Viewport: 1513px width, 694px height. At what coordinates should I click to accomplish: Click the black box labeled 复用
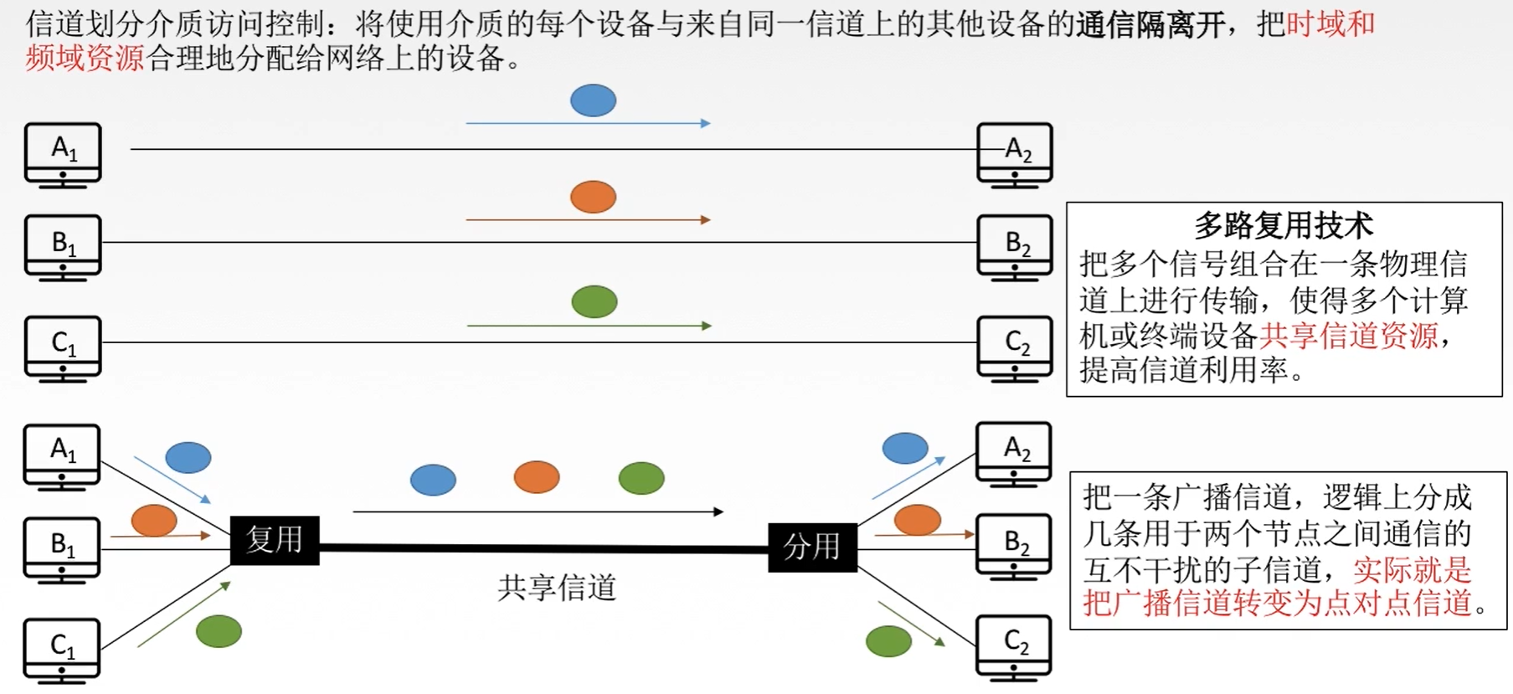point(275,540)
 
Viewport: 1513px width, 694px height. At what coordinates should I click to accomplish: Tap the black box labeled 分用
point(812,547)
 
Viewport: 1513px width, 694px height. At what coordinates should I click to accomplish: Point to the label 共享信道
point(557,588)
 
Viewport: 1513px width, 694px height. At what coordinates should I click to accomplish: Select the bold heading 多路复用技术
point(1283,225)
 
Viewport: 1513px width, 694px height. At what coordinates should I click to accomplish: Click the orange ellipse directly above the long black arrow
point(537,477)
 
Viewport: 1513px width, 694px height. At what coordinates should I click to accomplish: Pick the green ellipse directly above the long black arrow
point(641,478)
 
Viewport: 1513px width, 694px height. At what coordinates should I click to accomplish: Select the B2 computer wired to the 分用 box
point(1014,546)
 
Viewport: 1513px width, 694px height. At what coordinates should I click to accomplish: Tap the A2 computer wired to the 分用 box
point(1014,453)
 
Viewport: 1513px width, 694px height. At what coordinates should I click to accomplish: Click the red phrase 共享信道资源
point(1348,336)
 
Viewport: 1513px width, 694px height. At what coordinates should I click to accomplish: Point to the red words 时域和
point(1330,23)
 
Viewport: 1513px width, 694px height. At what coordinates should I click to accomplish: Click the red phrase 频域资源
point(85,59)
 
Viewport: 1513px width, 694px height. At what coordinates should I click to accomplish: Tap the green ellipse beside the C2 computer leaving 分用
point(888,642)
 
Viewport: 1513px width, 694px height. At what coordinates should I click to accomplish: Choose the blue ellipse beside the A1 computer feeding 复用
point(188,457)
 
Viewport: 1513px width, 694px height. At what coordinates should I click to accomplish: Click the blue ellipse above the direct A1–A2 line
point(593,100)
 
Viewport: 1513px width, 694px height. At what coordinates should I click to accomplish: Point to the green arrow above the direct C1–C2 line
point(589,326)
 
